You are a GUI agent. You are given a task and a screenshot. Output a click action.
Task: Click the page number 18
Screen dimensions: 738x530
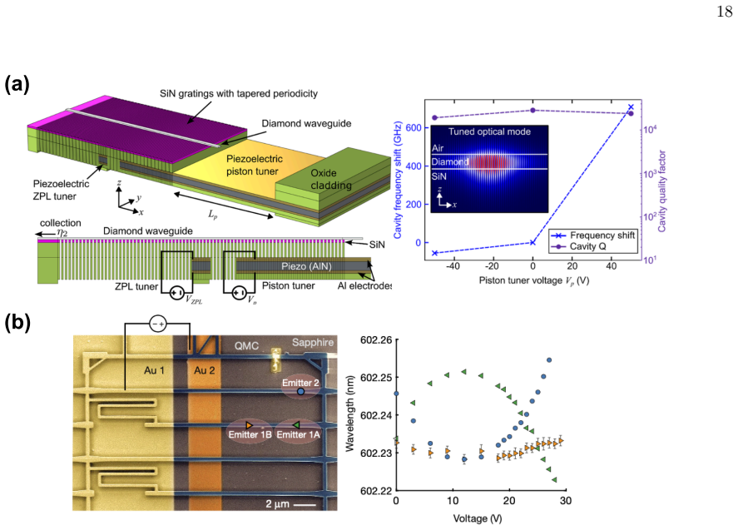(725, 11)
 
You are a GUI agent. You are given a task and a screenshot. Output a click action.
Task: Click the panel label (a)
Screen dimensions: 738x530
(17, 84)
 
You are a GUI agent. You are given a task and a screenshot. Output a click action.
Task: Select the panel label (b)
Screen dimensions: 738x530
(17, 323)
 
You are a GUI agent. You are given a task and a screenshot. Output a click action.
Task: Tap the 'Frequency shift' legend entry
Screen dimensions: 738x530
(594, 235)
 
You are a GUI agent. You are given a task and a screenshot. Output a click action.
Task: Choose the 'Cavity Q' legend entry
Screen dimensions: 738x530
(579, 246)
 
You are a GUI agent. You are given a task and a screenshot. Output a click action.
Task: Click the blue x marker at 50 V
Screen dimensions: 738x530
(632, 107)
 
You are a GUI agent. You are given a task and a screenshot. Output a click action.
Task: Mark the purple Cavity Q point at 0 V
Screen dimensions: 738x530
(532, 110)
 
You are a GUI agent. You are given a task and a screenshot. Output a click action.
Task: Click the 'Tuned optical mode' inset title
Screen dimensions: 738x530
(489, 131)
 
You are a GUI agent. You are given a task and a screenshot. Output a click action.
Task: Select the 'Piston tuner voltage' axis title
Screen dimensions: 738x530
(534, 280)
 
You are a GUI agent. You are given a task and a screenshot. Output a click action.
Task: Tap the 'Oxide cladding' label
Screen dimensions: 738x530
(331, 180)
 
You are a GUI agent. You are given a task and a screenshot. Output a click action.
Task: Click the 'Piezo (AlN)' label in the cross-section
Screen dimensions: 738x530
(306, 266)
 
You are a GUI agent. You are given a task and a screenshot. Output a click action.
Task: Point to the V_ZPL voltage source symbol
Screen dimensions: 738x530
(177, 293)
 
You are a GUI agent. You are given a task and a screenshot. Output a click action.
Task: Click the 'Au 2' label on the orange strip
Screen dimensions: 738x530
(205, 370)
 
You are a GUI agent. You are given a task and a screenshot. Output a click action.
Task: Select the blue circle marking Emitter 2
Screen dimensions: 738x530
(300, 391)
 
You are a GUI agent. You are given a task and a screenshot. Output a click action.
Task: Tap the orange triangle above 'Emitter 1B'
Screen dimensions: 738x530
(249, 425)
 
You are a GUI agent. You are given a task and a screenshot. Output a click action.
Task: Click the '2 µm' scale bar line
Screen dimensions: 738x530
(305, 505)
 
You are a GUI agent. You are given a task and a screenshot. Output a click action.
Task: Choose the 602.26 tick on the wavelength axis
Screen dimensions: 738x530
(376, 339)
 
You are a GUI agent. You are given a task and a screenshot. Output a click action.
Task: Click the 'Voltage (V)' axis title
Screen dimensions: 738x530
(478, 518)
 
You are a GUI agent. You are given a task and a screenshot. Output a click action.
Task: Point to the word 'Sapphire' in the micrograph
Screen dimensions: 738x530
(313, 343)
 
